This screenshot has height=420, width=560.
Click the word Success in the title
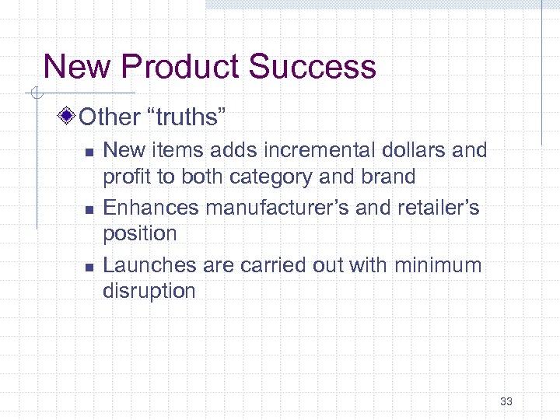pyautogui.click(x=313, y=67)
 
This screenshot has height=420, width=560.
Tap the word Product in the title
pyautogui.click(x=182, y=67)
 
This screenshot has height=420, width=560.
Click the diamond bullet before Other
pyautogui.click(x=68, y=117)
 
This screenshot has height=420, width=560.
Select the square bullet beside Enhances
pyautogui.click(x=89, y=209)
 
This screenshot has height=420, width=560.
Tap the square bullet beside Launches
pyautogui.click(x=89, y=267)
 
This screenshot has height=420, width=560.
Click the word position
pyautogui.click(x=140, y=234)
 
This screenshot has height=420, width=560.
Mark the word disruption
pyautogui.click(x=149, y=291)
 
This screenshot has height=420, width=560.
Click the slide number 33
pyautogui.click(x=506, y=401)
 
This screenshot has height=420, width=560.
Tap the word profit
pyautogui.click(x=126, y=177)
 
